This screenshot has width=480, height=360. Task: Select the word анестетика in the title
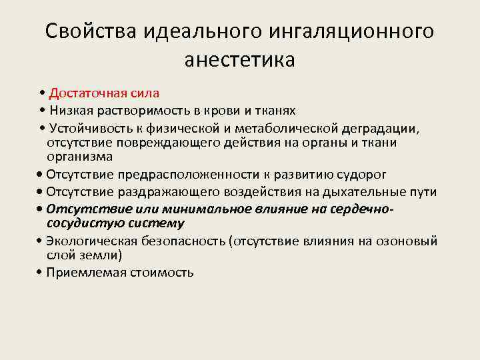pos(239,60)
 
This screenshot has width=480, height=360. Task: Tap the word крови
pos(227,109)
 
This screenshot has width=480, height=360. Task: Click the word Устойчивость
pos(87,127)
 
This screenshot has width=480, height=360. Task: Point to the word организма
pos(79,157)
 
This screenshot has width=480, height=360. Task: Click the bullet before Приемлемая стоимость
pos(41,272)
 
